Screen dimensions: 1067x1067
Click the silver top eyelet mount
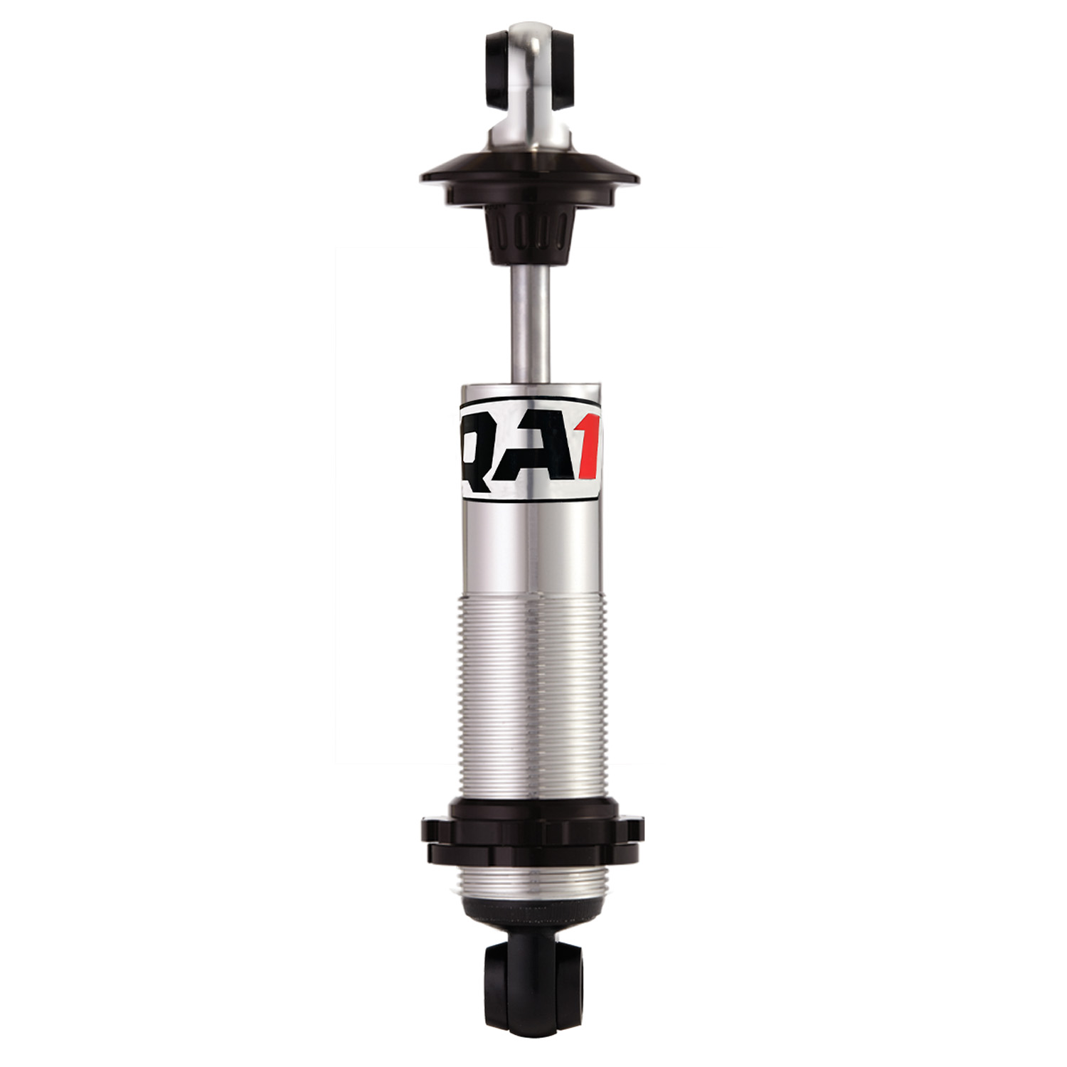(530, 78)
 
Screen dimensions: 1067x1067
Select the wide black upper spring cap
(529, 174)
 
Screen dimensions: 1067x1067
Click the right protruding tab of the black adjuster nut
(635, 829)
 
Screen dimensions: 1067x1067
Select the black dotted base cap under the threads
(531, 918)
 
